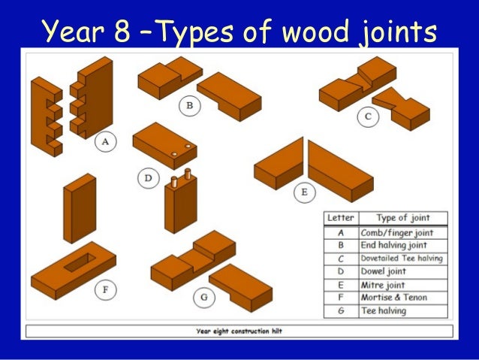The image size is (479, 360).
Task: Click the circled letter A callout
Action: pos(105,141)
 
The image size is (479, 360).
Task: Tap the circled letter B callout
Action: pos(190,105)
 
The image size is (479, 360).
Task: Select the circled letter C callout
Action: pos(368,116)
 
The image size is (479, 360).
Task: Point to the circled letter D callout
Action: pos(149,178)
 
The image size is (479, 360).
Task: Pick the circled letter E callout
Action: pos(305,192)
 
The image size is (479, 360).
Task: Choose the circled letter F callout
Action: pos(106,289)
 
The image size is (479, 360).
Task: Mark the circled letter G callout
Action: pos(204,297)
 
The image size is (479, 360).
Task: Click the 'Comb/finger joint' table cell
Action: pos(403,233)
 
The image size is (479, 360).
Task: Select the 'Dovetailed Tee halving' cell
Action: pos(403,259)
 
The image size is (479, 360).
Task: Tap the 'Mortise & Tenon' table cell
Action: pos(403,298)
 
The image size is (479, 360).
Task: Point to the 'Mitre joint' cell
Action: pos(403,285)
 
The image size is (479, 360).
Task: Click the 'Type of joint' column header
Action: pos(403,218)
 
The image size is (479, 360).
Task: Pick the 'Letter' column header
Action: pos(341,218)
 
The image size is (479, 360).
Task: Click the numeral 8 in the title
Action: pos(122,32)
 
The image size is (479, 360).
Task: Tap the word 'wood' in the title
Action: pos(315,32)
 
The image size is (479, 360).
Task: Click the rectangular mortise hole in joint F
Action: pos(80,262)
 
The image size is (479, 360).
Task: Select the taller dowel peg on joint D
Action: pos(188,174)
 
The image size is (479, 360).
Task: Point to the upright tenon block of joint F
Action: pos(80,209)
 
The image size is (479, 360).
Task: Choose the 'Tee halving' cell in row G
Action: pos(403,311)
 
